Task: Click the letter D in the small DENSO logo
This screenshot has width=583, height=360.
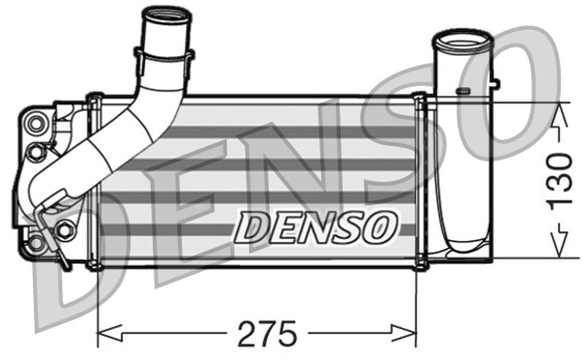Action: [x=252, y=227]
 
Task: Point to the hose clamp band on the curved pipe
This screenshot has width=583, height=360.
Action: [x=164, y=56]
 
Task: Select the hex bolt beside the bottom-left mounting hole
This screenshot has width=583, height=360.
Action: [x=64, y=230]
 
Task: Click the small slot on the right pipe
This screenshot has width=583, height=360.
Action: [x=461, y=91]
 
